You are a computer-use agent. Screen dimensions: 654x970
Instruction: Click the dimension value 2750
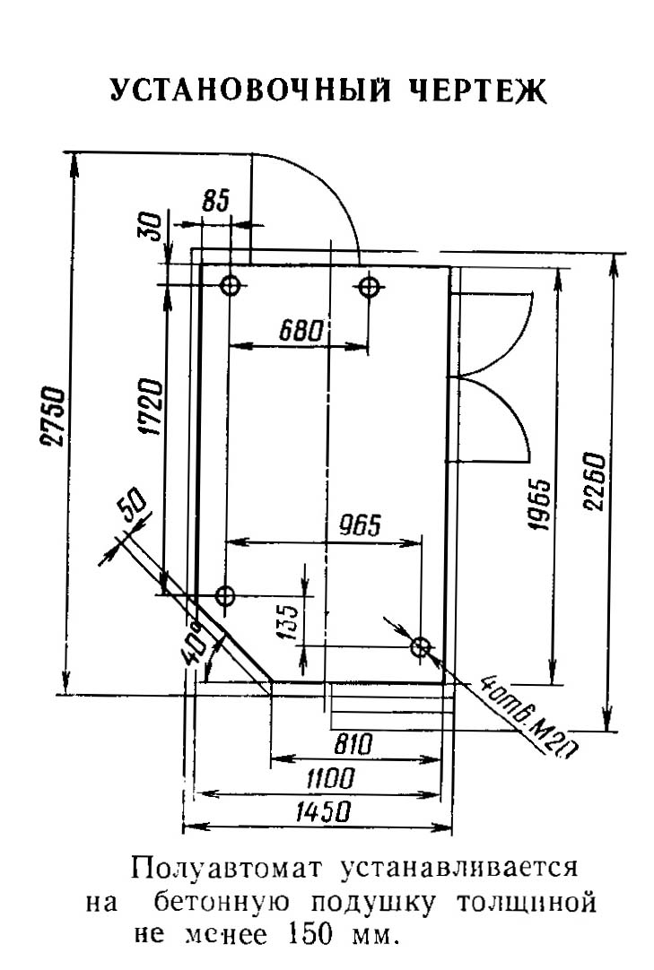click(53, 417)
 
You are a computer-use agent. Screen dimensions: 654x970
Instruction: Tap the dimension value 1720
click(151, 406)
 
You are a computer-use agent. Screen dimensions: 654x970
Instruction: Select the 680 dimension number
click(301, 331)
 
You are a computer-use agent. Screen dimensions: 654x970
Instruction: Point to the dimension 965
click(361, 526)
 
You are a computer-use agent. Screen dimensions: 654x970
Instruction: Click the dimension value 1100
click(330, 779)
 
